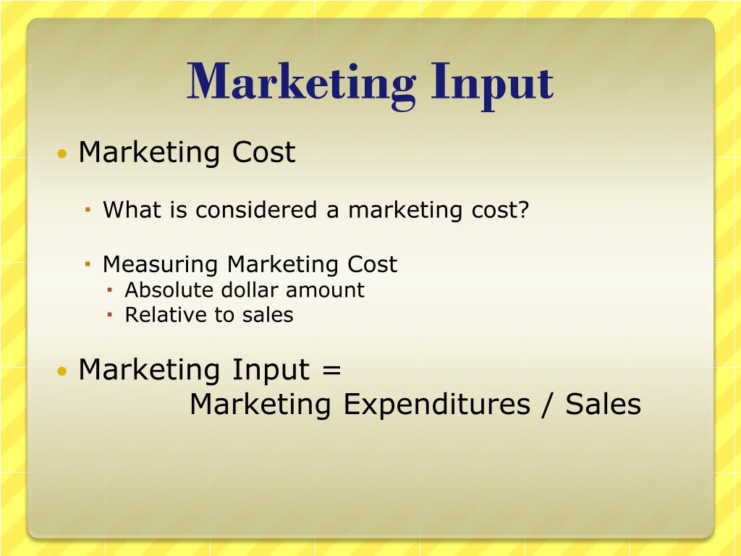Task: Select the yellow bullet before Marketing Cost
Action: click(x=63, y=154)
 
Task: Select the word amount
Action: click(x=325, y=290)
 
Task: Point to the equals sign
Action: click(x=330, y=371)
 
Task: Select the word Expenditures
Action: click(x=436, y=404)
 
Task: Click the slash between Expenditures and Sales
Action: click(x=547, y=404)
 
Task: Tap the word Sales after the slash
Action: click(x=604, y=404)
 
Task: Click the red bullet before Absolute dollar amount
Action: click(x=110, y=291)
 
